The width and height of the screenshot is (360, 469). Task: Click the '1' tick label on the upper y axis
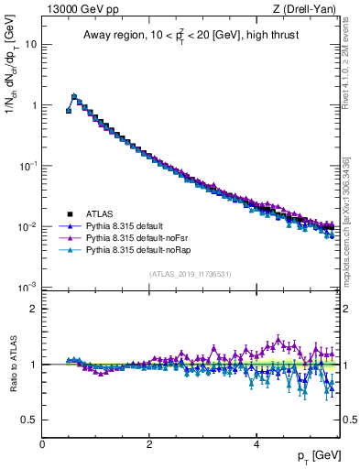point(34,105)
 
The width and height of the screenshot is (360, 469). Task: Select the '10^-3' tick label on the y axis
point(27,287)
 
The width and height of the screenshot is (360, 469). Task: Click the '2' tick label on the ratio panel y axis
point(34,309)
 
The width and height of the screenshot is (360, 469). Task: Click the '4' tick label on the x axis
point(255,443)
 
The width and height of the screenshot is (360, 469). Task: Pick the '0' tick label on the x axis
point(42,443)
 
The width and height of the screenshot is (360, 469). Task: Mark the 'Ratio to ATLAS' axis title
point(12,364)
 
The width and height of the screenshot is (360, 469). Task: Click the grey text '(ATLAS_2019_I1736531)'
point(190,274)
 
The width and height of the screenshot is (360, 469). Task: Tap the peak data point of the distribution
point(74,95)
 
